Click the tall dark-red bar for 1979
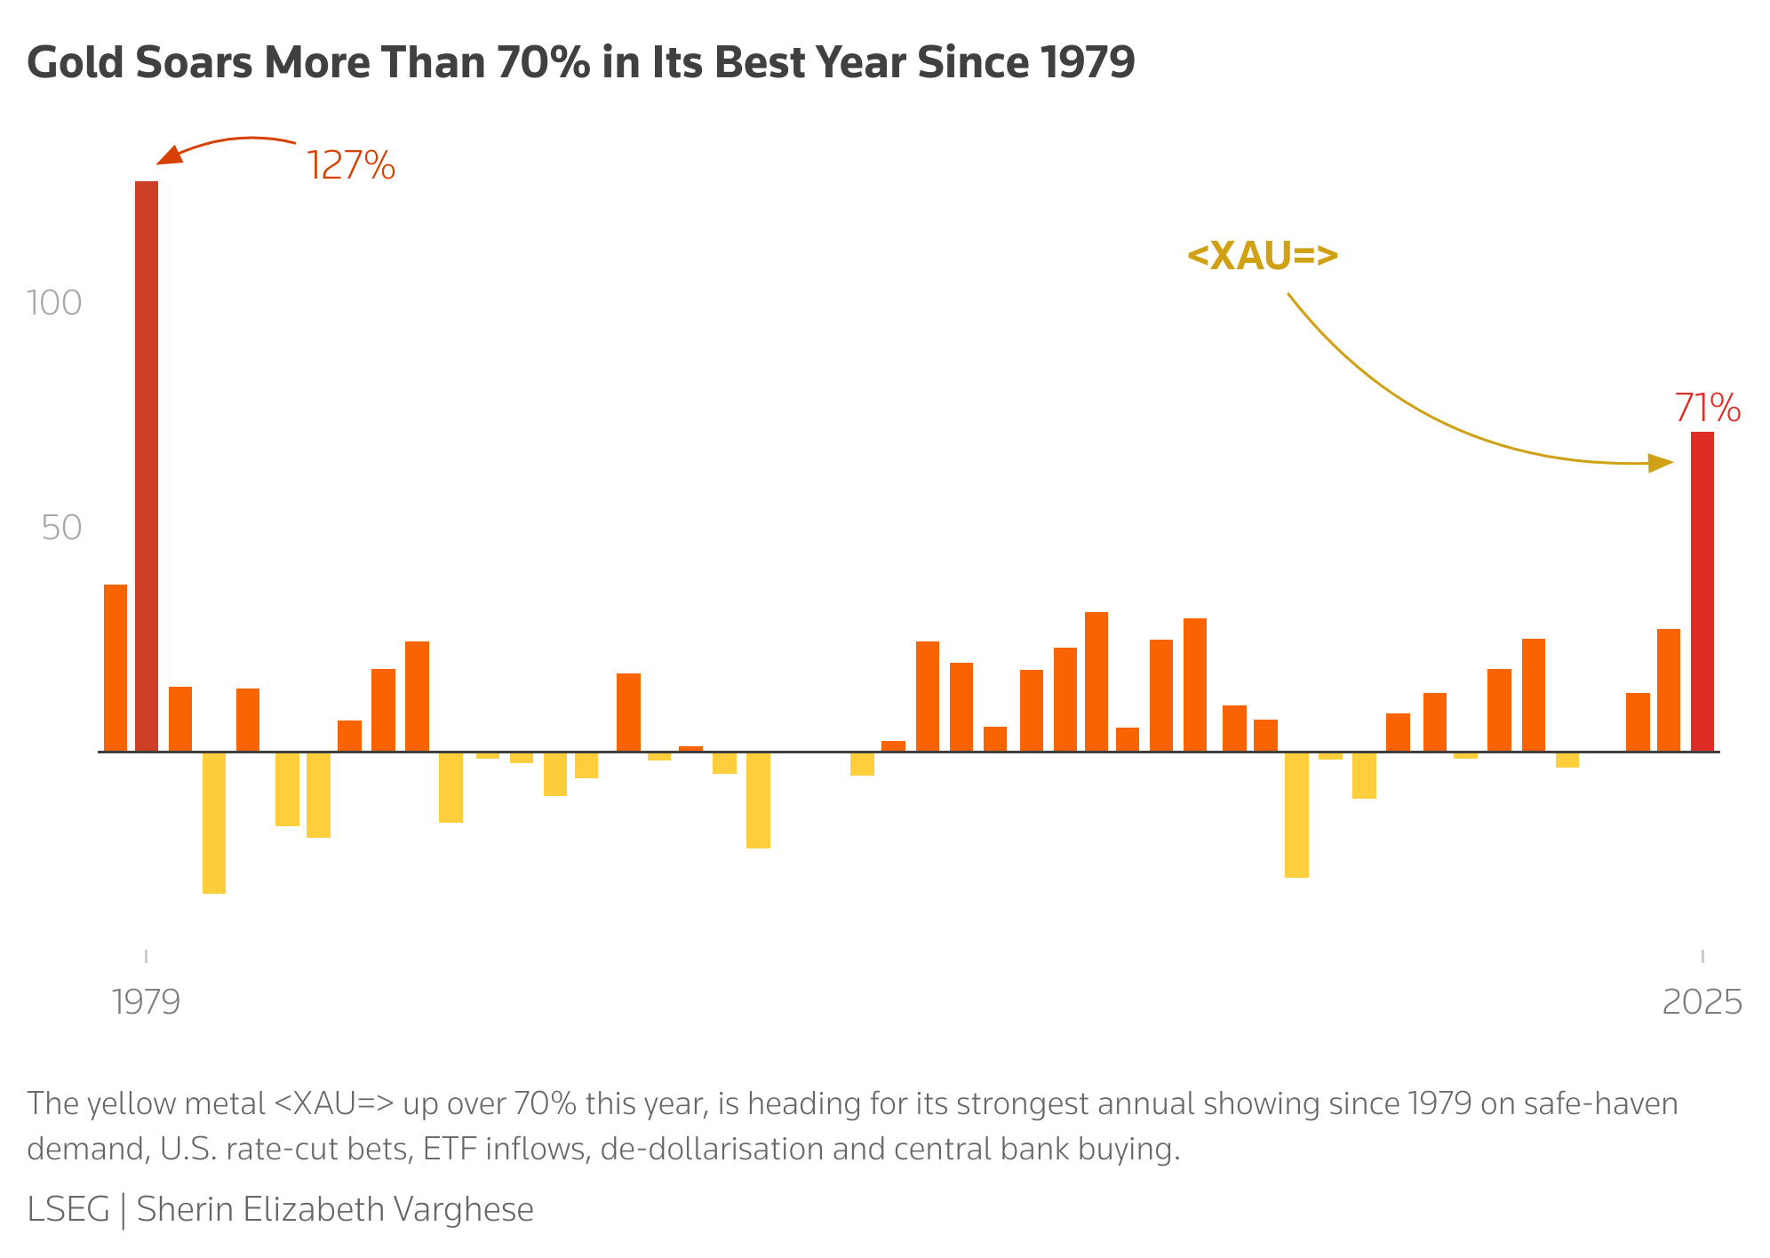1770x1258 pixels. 147,466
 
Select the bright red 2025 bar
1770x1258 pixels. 1702,591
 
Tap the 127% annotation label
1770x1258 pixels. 350,166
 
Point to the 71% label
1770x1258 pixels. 1707,409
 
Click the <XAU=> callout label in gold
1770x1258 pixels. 1262,256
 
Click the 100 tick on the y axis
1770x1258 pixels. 54,303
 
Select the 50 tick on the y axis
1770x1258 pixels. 61,528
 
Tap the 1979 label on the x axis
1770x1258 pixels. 147,1002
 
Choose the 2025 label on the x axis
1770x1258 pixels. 1702,1002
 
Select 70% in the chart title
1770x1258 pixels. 543,62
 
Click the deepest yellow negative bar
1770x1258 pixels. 214,823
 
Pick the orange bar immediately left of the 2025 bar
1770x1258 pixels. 1668,690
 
